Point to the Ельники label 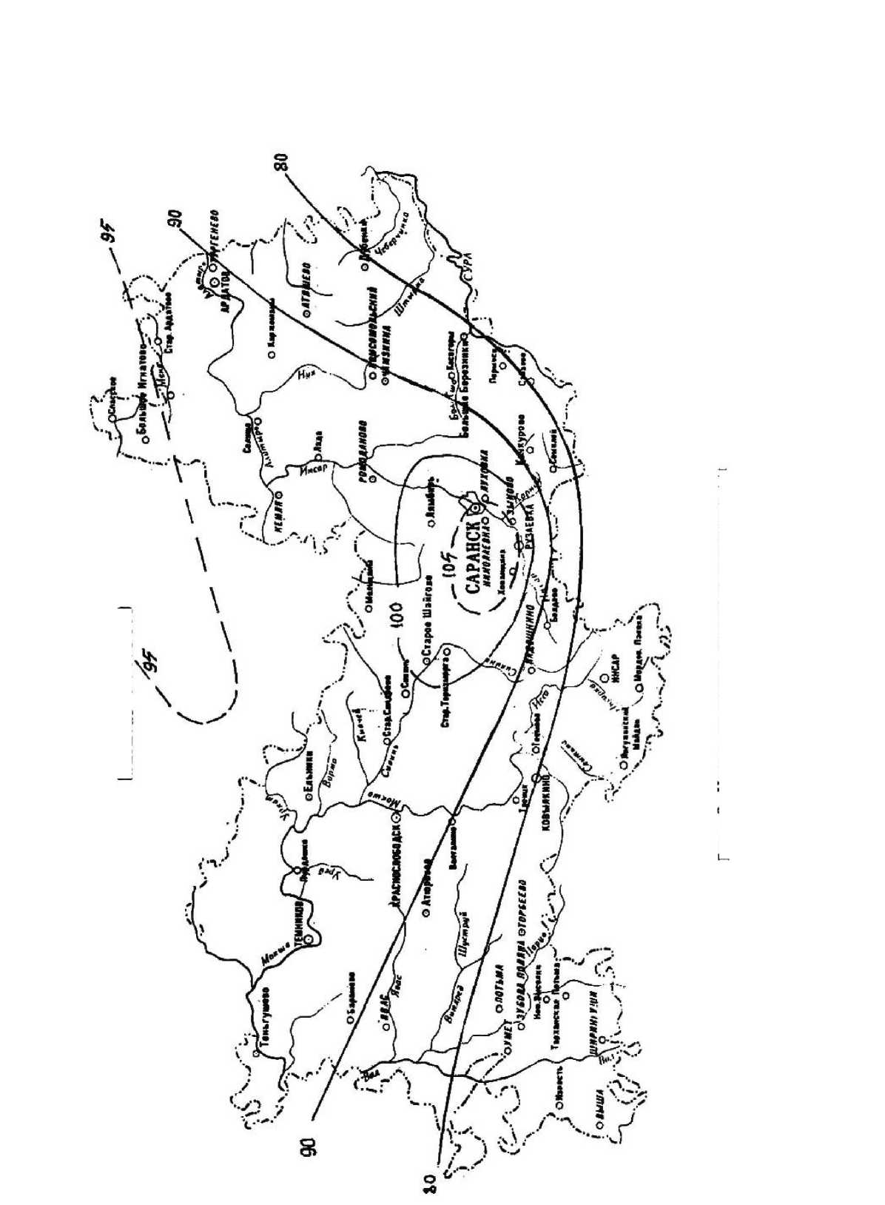point(309,773)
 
